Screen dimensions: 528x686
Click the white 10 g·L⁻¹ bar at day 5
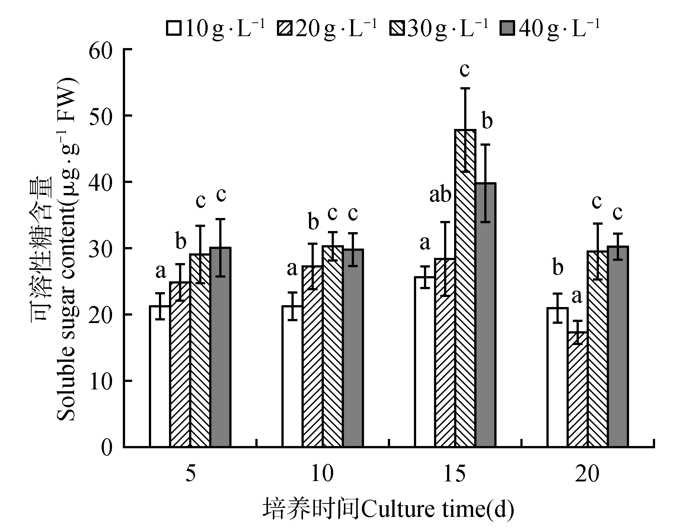click(x=160, y=376)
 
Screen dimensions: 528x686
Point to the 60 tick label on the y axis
click(x=101, y=50)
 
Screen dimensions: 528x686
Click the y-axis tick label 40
click(x=101, y=182)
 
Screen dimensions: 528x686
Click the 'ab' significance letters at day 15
click(x=440, y=195)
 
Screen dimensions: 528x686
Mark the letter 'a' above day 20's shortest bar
click(x=577, y=297)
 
